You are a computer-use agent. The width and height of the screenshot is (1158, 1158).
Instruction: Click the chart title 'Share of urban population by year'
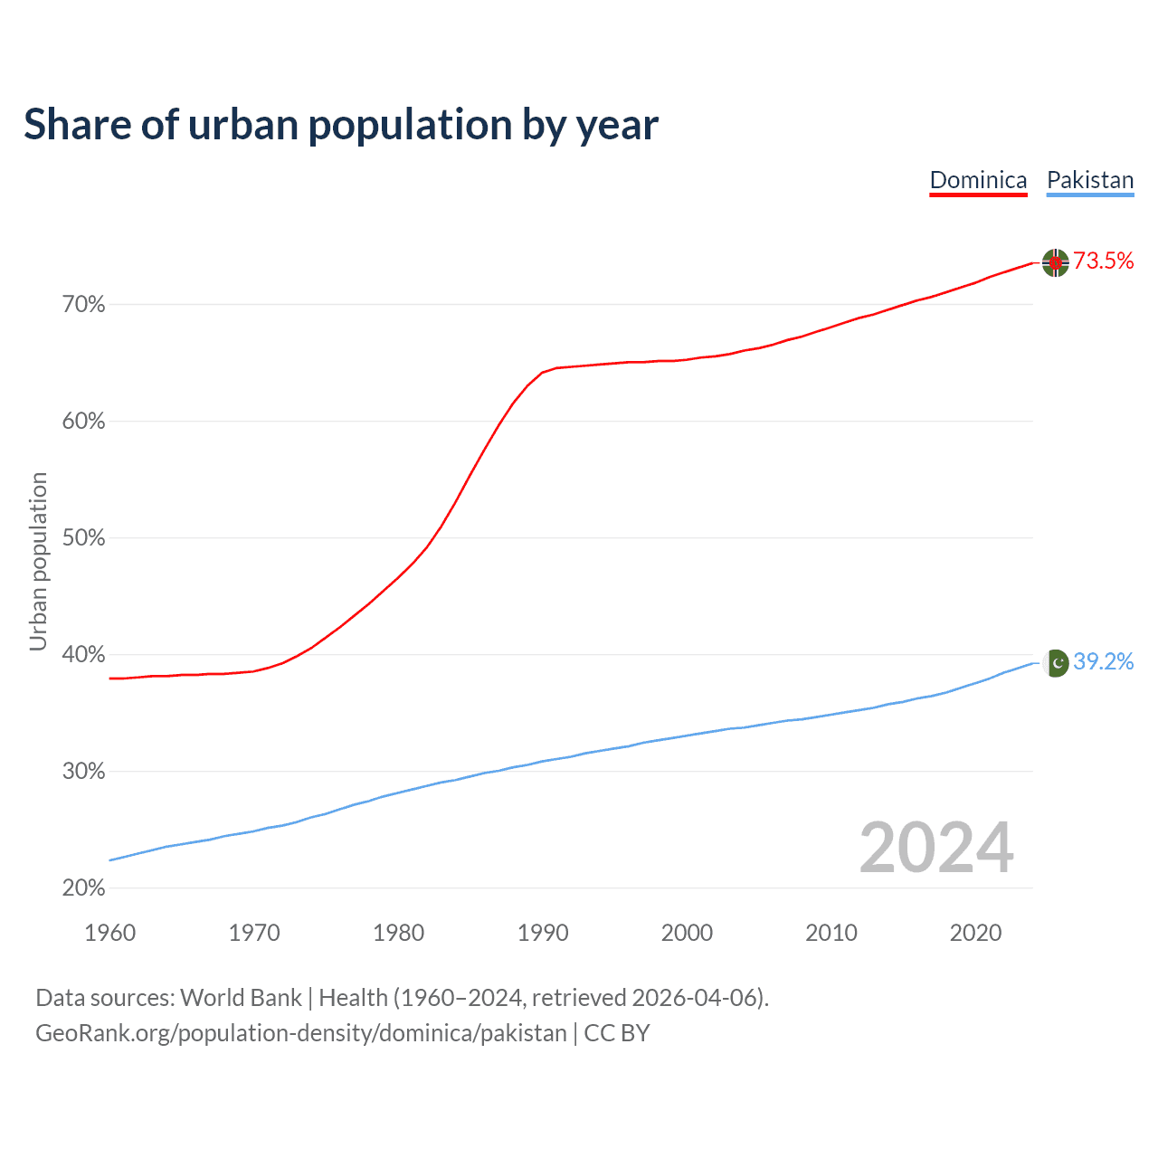click(341, 125)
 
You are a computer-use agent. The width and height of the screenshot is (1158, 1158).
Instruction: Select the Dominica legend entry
click(978, 180)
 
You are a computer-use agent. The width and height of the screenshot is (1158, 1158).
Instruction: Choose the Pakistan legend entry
click(1090, 180)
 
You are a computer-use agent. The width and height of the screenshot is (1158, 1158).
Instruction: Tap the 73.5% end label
click(1103, 261)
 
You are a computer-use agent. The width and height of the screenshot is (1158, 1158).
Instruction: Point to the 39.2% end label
click(1103, 662)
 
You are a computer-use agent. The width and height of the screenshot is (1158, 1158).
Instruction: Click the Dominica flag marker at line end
click(1056, 262)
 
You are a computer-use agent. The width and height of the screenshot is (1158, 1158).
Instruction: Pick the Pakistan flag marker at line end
click(1056, 663)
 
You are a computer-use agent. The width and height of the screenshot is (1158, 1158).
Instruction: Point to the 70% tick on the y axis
click(83, 305)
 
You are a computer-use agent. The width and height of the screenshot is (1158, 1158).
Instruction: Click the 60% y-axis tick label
click(83, 422)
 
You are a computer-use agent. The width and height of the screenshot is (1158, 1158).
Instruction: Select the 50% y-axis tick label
click(83, 538)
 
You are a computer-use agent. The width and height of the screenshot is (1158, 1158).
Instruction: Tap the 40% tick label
click(83, 655)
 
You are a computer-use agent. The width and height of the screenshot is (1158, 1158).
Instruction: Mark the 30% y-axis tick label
click(83, 772)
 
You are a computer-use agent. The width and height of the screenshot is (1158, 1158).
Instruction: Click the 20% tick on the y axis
click(83, 888)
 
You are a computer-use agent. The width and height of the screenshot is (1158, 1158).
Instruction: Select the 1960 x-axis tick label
click(110, 933)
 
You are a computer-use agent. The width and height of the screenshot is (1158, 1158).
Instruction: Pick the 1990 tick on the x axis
click(543, 933)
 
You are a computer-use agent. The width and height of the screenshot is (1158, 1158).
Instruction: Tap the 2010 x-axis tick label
click(831, 933)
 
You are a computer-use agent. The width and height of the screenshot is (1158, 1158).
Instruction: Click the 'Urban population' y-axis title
click(38, 561)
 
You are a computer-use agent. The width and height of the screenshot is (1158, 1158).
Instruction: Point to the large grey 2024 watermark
click(936, 848)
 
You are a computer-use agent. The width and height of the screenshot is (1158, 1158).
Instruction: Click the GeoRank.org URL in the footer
click(300, 1033)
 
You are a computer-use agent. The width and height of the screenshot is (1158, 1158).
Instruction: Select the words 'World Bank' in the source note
click(241, 998)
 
